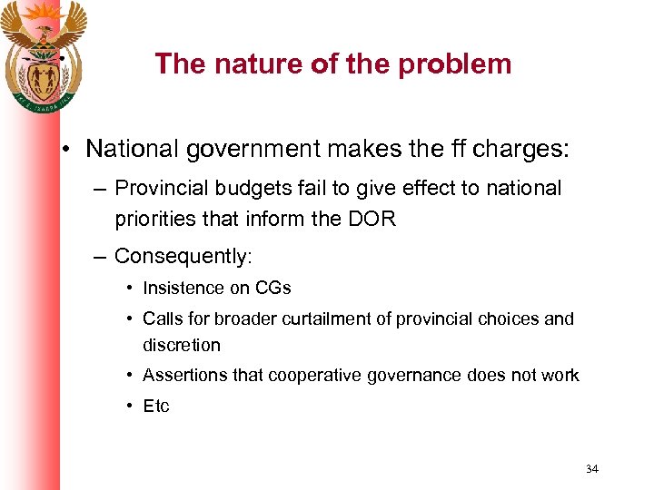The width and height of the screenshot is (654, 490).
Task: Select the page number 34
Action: pyautogui.click(x=591, y=469)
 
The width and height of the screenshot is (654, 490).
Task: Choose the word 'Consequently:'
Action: pyautogui.click(x=183, y=256)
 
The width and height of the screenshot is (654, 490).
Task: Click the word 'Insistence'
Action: pyautogui.click(x=183, y=288)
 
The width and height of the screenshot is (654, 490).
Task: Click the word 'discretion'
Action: pyautogui.click(x=182, y=345)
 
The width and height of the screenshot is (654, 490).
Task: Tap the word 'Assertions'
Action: pyautogui.click(x=184, y=375)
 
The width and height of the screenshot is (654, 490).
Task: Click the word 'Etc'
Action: pyautogui.click(x=156, y=406)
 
